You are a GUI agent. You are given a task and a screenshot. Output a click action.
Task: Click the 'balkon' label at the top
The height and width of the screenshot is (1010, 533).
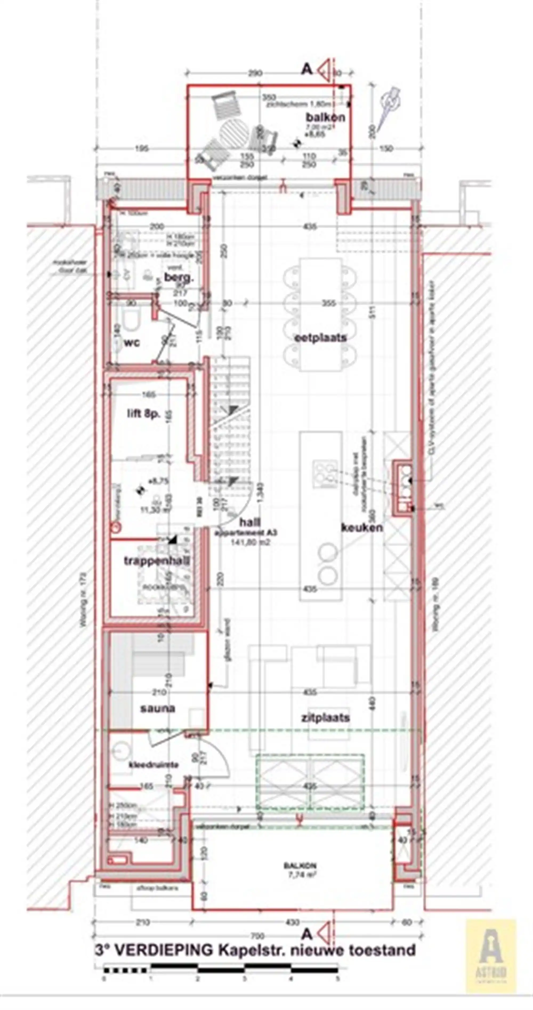tap(325, 117)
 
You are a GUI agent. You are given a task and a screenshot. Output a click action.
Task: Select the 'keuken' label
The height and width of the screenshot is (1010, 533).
tap(362, 527)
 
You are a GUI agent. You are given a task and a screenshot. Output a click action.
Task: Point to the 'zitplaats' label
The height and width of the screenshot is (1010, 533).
tap(325, 718)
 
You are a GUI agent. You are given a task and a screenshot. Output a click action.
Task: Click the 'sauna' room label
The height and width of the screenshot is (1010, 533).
tap(158, 708)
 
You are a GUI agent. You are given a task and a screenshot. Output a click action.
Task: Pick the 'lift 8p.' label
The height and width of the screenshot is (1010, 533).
tap(143, 414)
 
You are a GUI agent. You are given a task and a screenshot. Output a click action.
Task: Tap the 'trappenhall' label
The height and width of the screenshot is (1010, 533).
tap(157, 561)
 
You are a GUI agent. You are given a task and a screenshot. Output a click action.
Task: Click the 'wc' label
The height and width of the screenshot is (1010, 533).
tap(132, 343)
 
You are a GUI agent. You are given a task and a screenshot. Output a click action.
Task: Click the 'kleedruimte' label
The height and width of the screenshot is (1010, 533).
tap(154, 765)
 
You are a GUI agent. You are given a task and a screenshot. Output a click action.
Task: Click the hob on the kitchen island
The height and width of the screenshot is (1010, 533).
tap(325, 474)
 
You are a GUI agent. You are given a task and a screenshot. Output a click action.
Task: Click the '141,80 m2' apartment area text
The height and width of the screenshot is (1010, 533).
tap(250, 542)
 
